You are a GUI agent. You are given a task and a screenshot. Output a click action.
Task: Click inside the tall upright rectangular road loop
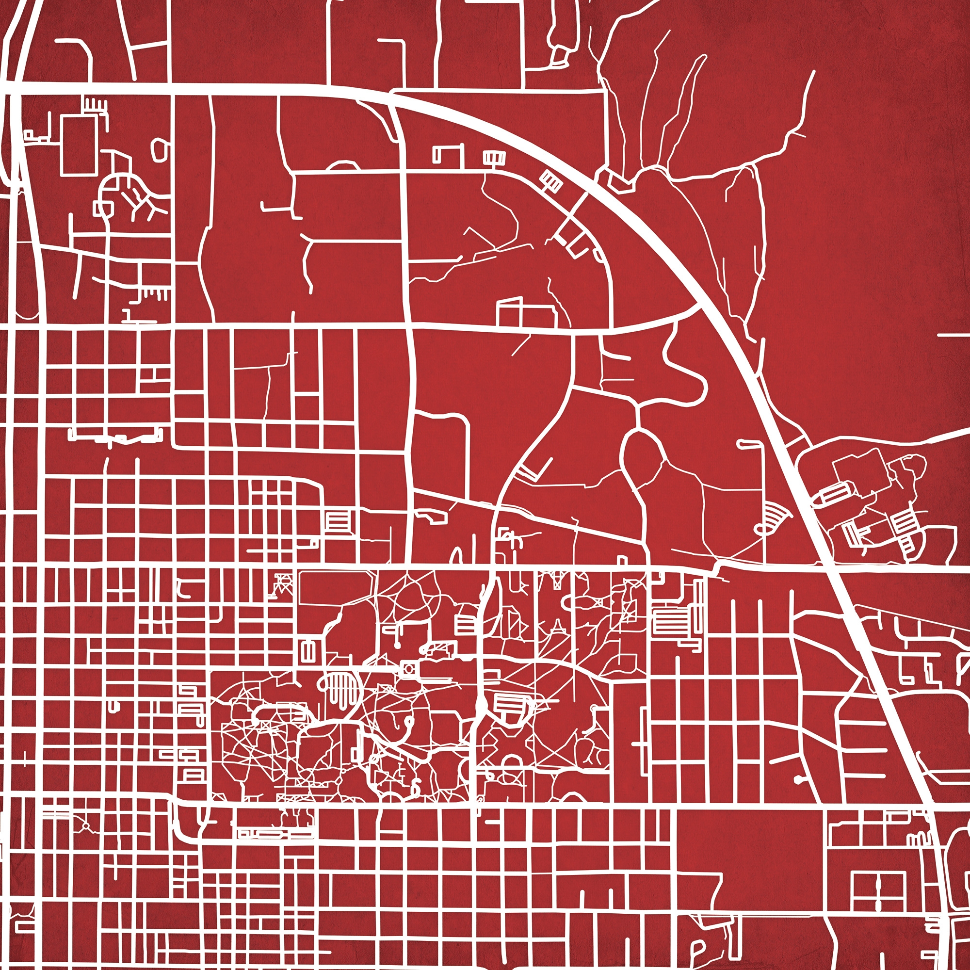pyautogui.click(x=79, y=145)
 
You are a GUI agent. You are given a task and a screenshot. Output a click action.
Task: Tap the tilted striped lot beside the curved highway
pyautogui.click(x=551, y=181)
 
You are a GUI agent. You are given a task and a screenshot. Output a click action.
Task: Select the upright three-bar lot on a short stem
pyautogui.click(x=494, y=159)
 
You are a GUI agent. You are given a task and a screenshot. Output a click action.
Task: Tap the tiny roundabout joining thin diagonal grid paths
pyautogui.click(x=85, y=825)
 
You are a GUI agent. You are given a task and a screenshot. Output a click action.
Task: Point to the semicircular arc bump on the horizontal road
pyautogui.click(x=342, y=165)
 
